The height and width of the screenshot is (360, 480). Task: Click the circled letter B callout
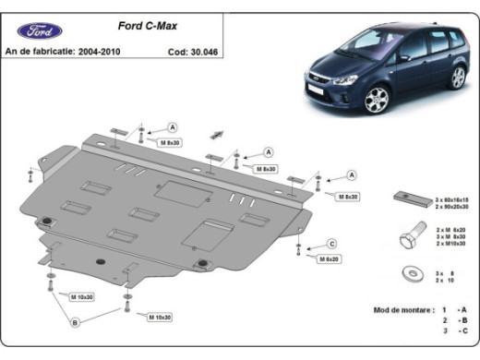coord(76,322)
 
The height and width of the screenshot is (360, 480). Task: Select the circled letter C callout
coord(330,244)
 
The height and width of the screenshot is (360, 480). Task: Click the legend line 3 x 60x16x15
coord(451,199)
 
